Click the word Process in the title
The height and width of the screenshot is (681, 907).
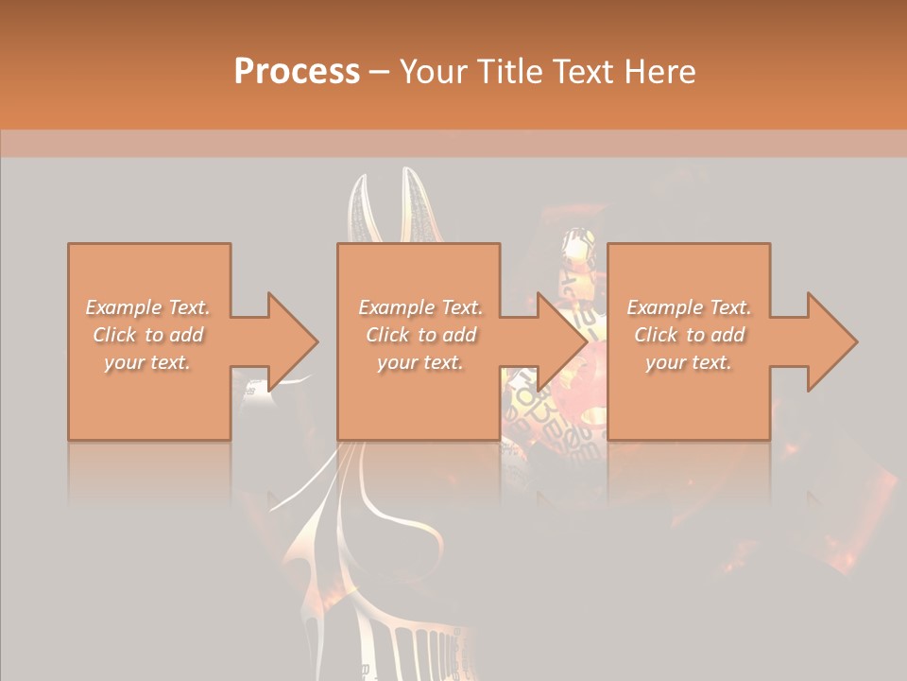(x=297, y=71)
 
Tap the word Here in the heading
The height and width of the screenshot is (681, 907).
(x=659, y=71)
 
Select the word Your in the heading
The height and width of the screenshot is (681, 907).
(x=435, y=71)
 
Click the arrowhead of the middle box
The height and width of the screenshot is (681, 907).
(x=561, y=341)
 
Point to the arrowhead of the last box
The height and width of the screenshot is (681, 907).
(x=830, y=341)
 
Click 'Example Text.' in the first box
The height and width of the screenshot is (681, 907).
(x=148, y=307)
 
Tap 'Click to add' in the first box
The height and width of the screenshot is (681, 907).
(x=148, y=335)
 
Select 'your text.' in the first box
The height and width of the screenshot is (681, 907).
(x=148, y=362)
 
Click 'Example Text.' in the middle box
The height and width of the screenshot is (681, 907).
(x=420, y=307)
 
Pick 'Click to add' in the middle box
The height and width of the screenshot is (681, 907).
(x=420, y=335)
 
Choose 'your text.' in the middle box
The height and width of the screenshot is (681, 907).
(x=420, y=362)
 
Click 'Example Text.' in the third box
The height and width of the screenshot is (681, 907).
(x=689, y=307)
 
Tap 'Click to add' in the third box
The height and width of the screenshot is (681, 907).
(x=689, y=335)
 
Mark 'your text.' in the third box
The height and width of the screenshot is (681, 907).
(x=689, y=362)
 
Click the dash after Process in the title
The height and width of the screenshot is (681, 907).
(x=379, y=73)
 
